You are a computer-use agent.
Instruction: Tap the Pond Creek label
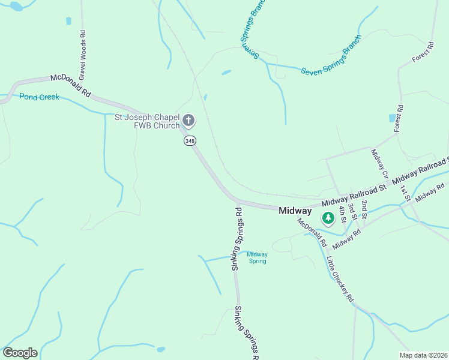pyautogui.click(x=40, y=97)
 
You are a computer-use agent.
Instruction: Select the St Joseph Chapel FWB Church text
pyautogui.click(x=147, y=121)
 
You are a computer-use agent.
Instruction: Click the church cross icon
pyautogui.click(x=188, y=121)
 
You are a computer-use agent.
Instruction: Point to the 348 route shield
pyautogui.click(x=190, y=140)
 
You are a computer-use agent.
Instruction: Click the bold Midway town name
pyautogui.click(x=295, y=211)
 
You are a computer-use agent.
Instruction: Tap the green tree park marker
pyautogui.click(x=328, y=218)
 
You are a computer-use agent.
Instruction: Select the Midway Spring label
pyautogui.click(x=258, y=257)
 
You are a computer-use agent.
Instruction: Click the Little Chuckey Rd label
pyautogui.click(x=340, y=279)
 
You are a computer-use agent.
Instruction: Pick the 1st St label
pyautogui.click(x=405, y=192)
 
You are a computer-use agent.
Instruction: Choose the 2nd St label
pyautogui.click(x=364, y=209)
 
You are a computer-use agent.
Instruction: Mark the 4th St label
pyautogui.click(x=343, y=214)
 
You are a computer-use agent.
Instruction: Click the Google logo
pyautogui.click(x=20, y=353)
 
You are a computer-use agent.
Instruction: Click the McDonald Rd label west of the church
pyautogui.click(x=70, y=86)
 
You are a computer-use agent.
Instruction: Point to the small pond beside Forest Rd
pyautogui.click(x=393, y=118)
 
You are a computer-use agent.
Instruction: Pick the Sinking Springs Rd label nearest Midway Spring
pyautogui.click(x=238, y=238)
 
